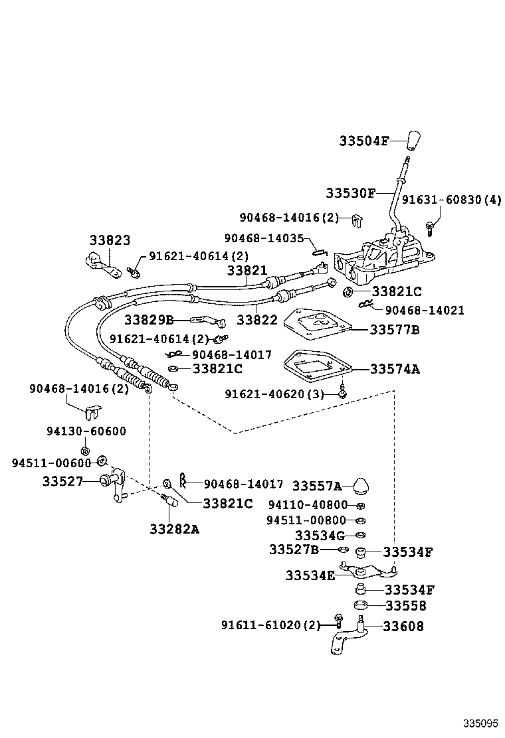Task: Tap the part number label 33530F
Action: click(x=350, y=193)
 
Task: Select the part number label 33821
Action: click(x=247, y=271)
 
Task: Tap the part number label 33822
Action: click(x=256, y=320)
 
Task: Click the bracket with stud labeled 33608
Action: click(x=348, y=638)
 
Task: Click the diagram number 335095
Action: click(x=479, y=722)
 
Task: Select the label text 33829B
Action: click(x=148, y=320)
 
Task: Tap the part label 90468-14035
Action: click(x=264, y=238)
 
